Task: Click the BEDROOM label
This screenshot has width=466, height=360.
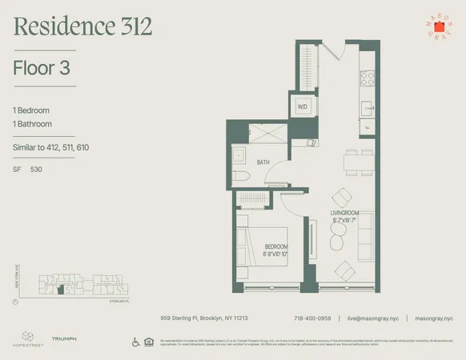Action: pyautogui.click(x=275, y=246)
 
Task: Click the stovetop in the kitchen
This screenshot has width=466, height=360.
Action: pyautogui.click(x=369, y=78)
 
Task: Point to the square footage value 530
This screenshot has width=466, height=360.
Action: pyautogui.click(x=36, y=170)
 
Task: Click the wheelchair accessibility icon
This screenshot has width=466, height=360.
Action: pyautogui.click(x=135, y=342)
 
